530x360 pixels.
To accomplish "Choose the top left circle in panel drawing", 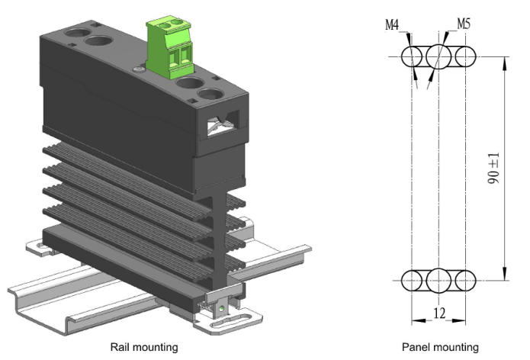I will tap(413, 56).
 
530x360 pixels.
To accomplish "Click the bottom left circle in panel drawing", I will tap(413, 280).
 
